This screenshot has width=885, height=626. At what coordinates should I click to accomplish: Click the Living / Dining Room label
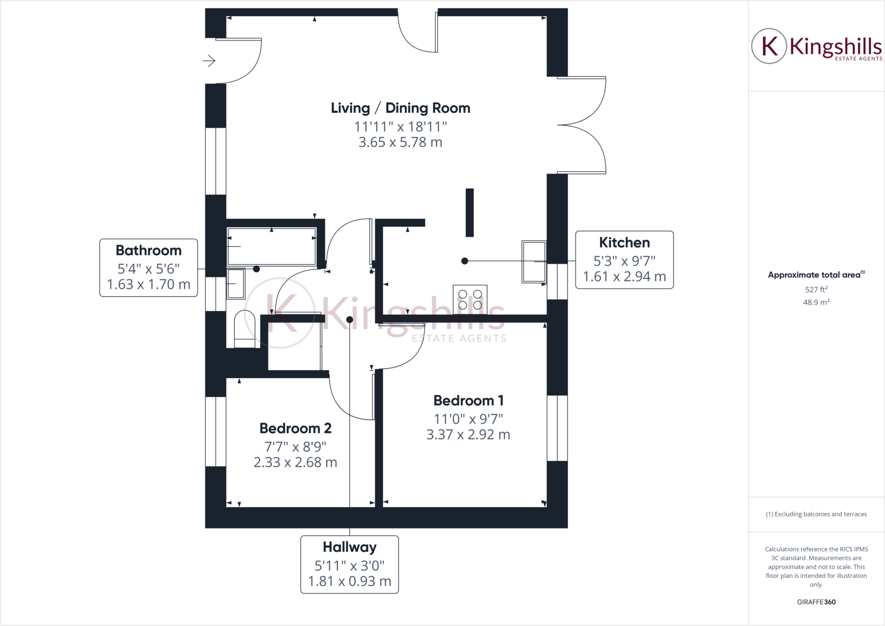[x=400, y=108]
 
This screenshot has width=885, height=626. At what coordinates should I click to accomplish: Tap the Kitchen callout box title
[x=624, y=243]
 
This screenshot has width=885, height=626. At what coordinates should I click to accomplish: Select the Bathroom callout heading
[x=148, y=251]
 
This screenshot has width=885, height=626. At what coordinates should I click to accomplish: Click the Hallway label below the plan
[x=349, y=547]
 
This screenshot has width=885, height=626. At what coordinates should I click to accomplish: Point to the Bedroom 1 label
[x=468, y=401]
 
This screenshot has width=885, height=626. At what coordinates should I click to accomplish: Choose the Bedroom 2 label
[x=295, y=429]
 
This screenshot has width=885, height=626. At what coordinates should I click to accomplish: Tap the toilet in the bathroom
[x=245, y=329]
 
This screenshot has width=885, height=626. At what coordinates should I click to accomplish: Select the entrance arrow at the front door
[x=209, y=61]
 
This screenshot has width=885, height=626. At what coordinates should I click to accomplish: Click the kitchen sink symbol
[x=534, y=261]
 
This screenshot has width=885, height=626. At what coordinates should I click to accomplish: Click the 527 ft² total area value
[x=816, y=289]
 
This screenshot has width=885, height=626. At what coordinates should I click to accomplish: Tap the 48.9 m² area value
[x=816, y=302]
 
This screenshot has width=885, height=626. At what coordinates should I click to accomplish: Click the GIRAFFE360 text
[x=816, y=602]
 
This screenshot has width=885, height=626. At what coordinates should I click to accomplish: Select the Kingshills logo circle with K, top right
[x=769, y=46]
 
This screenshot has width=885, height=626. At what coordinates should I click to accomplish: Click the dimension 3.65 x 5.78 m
[x=400, y=143]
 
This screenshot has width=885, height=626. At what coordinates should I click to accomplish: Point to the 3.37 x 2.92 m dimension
[x=468, y=435]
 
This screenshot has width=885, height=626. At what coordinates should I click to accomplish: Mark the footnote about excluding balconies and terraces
[x=816, y=514]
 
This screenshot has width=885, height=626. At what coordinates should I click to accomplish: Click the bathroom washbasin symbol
[x=236, y=283]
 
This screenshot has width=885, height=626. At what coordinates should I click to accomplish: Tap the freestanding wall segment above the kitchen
[x=469, y=213]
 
